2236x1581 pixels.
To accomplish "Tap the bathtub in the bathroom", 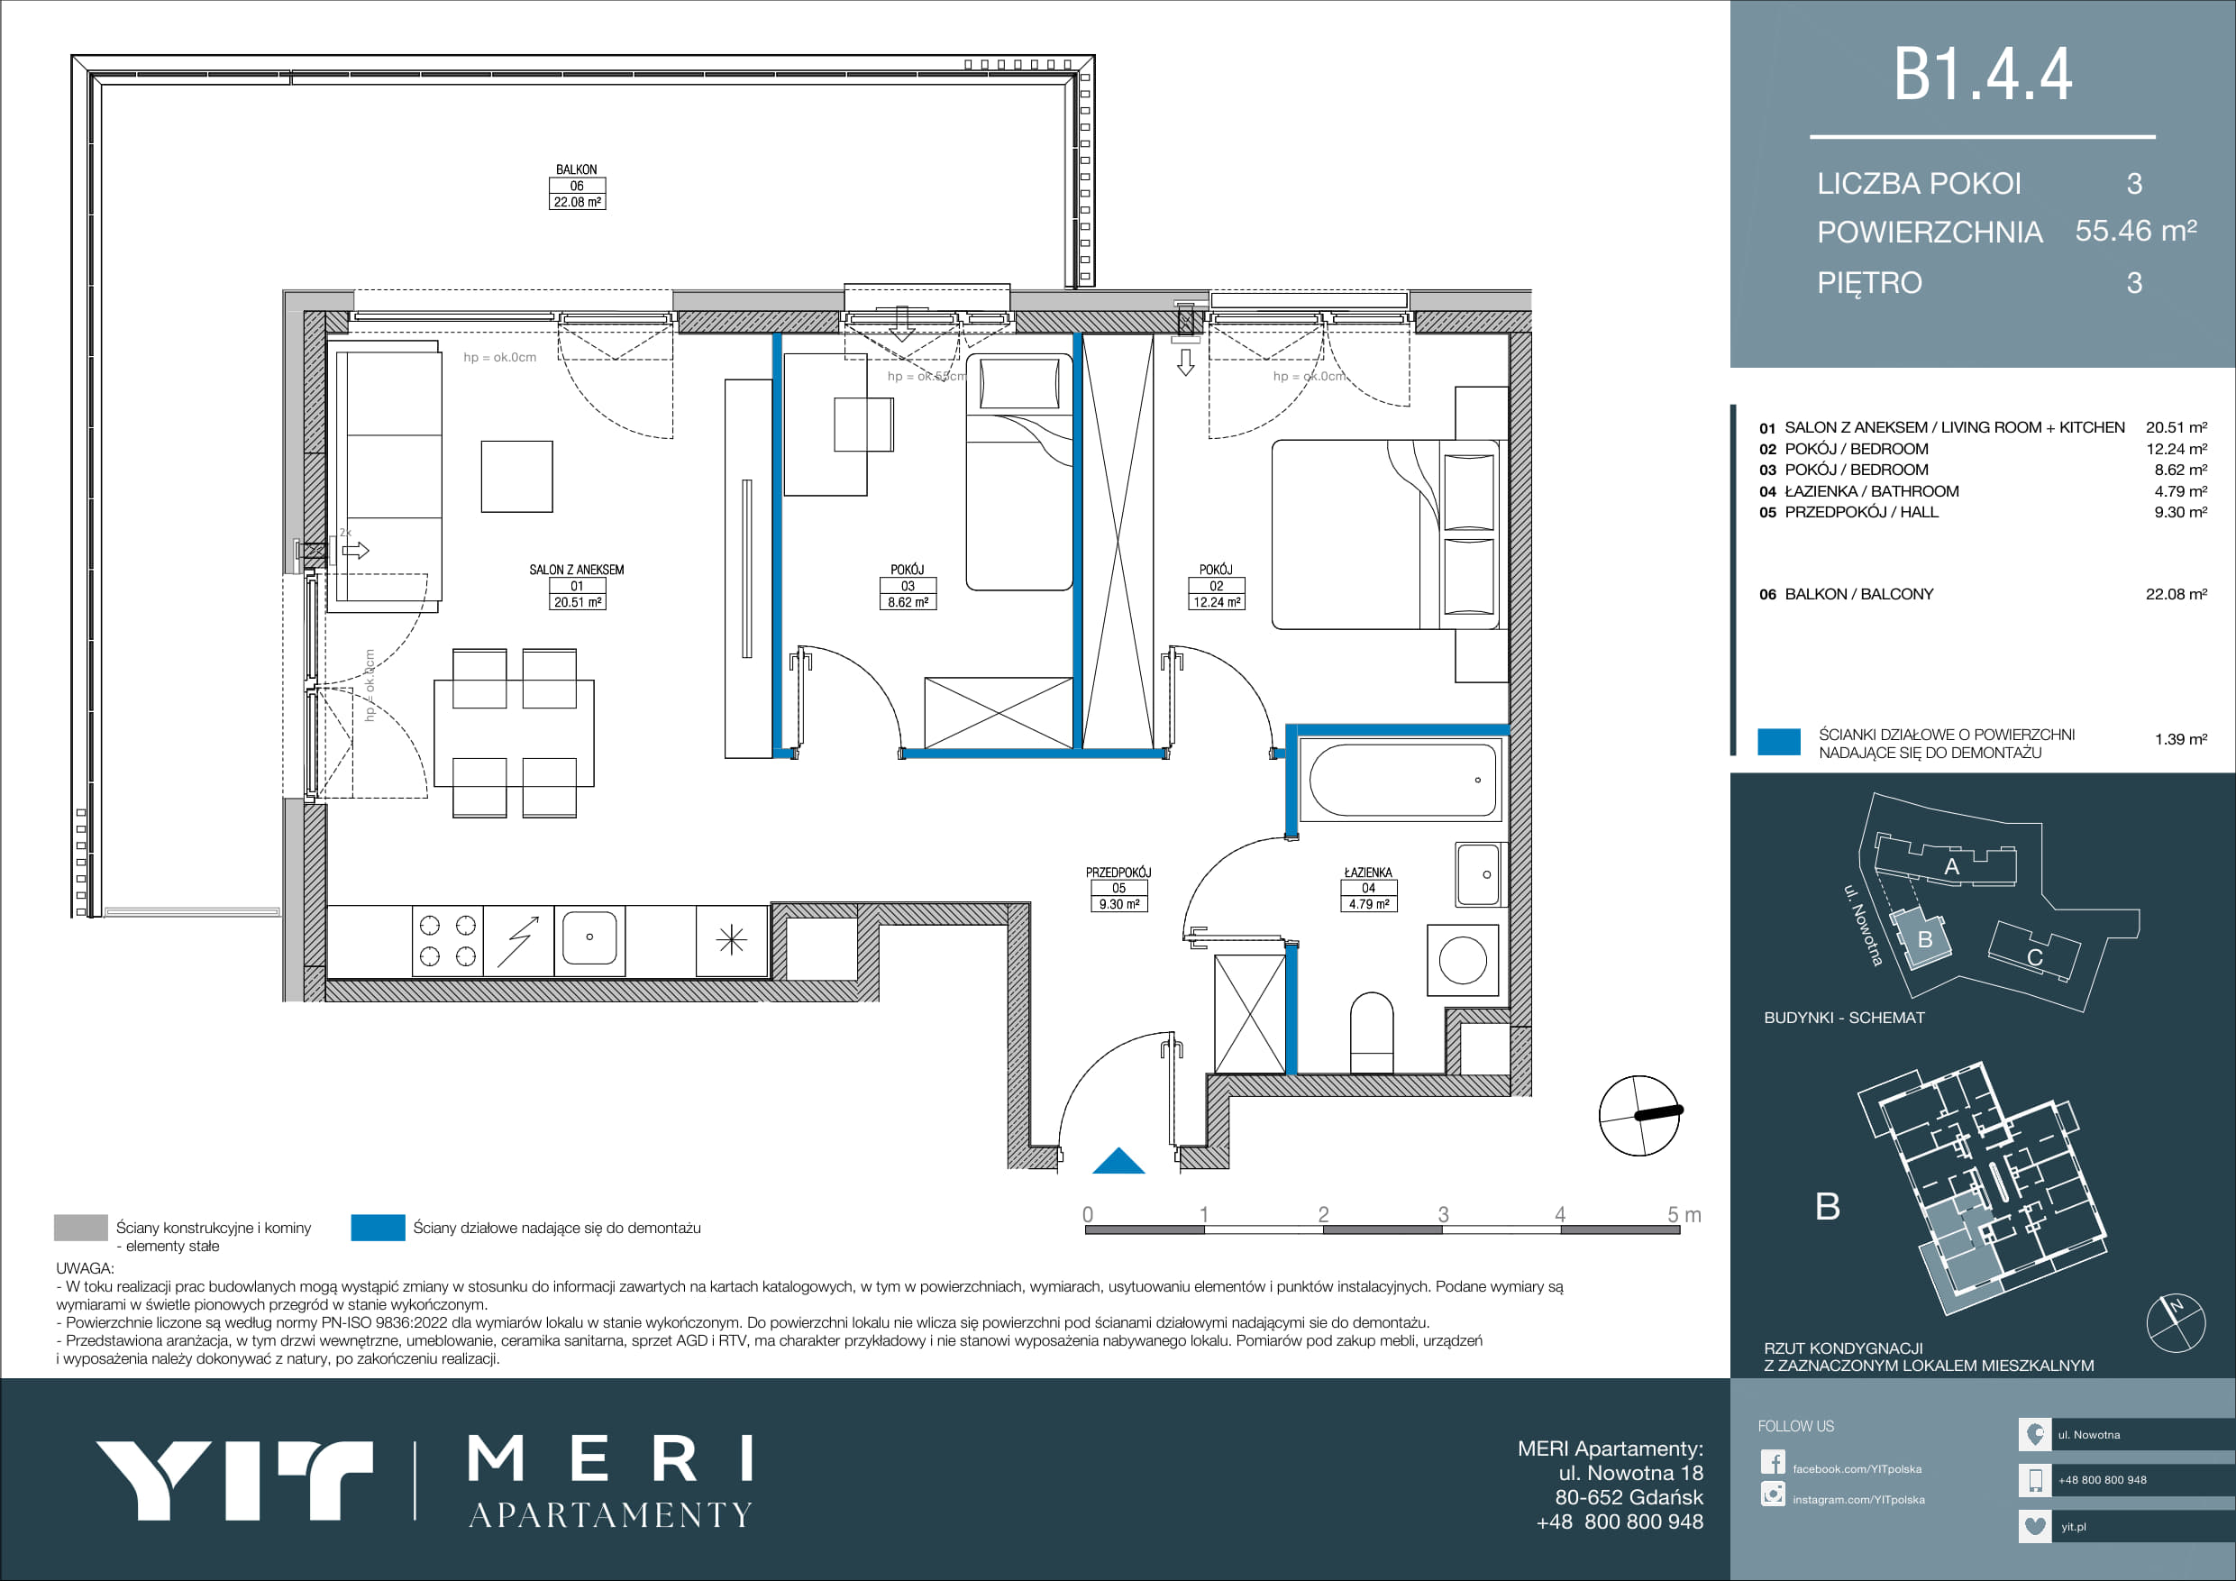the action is point(1402,780).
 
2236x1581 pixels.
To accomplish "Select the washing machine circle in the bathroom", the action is point(1463,960).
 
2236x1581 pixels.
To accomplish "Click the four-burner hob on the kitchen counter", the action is point(448,941).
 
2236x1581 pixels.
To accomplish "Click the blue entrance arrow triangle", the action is point(1119,1161).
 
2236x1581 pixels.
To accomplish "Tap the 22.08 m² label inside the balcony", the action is point(578,203).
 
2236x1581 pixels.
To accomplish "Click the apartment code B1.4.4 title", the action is point(1983,75).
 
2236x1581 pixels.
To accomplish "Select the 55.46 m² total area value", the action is point(2136,231).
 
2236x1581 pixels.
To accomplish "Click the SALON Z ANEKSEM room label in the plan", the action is point(577,570).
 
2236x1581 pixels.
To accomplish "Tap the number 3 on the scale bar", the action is point(1443,1215).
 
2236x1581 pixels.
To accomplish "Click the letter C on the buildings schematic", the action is point(2034,958).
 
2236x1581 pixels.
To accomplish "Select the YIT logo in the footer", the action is point(233,1481).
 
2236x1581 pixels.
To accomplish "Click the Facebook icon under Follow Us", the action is point(1773,1463).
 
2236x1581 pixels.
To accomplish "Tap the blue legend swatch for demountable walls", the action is point(378,1228).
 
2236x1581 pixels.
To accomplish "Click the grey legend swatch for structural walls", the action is point(81,1228).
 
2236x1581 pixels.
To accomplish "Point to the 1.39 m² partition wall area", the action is point(2180,739).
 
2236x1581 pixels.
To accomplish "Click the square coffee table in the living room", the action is point(517,476).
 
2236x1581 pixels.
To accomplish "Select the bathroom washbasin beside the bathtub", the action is point(1478,874).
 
